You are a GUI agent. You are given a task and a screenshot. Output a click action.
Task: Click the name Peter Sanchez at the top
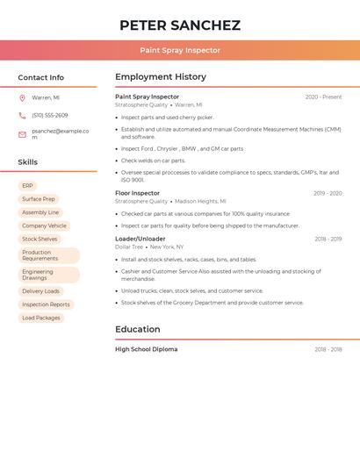(180, 25)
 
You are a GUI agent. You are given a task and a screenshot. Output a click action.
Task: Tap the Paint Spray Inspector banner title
(180, 50)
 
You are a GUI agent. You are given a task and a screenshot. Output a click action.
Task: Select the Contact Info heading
(40, 77)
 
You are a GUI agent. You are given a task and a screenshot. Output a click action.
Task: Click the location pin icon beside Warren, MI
(22, 97)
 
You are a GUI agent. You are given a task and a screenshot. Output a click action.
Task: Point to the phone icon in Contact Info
(22, 116)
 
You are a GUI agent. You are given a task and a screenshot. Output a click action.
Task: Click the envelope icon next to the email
(22, 134)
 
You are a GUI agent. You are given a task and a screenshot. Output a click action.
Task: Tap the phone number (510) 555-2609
(50, 116)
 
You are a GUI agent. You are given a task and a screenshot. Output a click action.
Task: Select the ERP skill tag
(27, 186)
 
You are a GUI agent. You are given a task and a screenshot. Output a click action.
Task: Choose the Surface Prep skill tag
(39, 199)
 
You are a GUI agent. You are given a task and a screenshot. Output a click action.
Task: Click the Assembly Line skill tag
(40, 212)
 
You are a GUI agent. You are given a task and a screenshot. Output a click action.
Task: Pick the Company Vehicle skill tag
(44, 225)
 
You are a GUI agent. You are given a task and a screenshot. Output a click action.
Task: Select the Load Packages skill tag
(41, 318)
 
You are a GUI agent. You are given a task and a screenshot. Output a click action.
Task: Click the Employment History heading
(161, 77)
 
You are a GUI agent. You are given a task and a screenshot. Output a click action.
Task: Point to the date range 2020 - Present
(323, 97)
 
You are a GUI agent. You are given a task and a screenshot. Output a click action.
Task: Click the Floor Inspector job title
(138, 193)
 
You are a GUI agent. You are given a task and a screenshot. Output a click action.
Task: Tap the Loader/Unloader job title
(140, 239)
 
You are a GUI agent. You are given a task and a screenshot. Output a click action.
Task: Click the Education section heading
(138, 330)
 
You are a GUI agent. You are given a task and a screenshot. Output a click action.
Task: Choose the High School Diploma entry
(147, 349)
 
